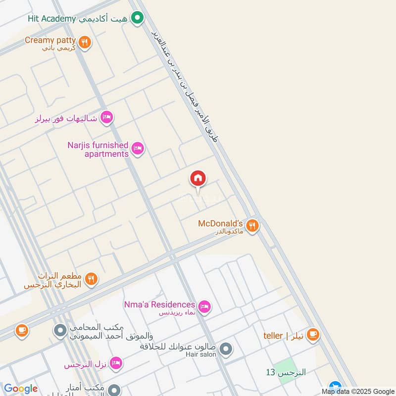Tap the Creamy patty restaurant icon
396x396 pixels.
click(85, 43)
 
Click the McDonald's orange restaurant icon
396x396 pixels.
click(252, 226)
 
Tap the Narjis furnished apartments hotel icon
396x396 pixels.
click(138, 148)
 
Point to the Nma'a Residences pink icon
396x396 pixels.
click(204, 307)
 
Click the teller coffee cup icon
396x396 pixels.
click(312, 335)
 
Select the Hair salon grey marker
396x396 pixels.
click(226, 350)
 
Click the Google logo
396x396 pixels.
click(20, 389)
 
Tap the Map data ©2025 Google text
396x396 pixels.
click(361, 391)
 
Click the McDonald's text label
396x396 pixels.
click(220, 223)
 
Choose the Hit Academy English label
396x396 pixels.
click(52, 19)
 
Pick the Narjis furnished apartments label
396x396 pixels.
click(98, 149)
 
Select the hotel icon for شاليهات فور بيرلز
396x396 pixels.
click(106, 118)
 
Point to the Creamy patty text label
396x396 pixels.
click(50, 40)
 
